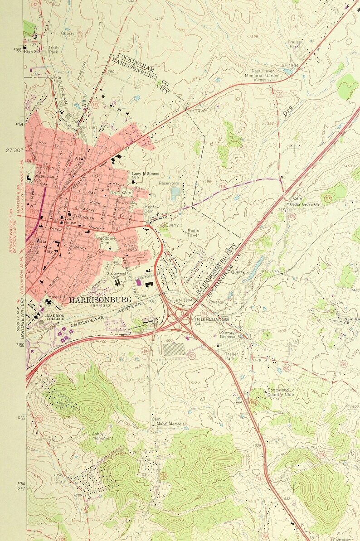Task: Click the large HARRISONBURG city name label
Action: pos(100,299)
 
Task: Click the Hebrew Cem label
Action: pos(152,209)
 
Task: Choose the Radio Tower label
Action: pos(194,232)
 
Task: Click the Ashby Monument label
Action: pos(102,436)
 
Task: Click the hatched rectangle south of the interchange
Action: pos(173,349)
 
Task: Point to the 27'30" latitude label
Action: pos(15,150)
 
